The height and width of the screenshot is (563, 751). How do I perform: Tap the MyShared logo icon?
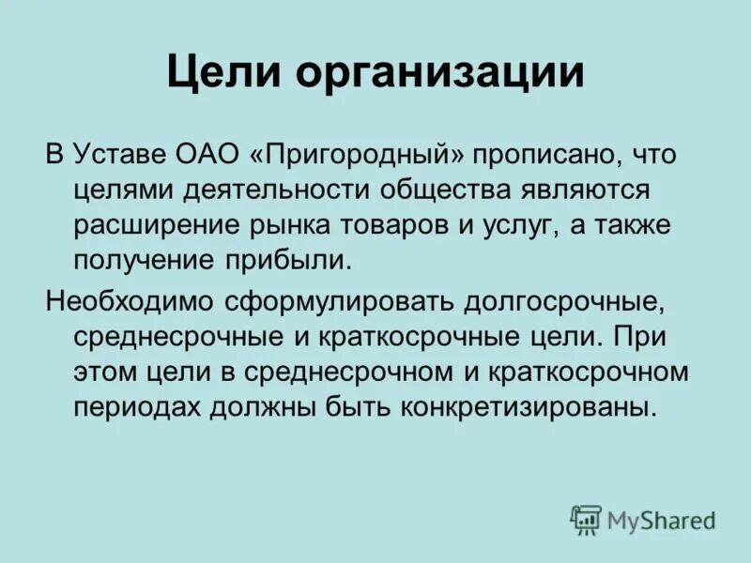tap(585, 518)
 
